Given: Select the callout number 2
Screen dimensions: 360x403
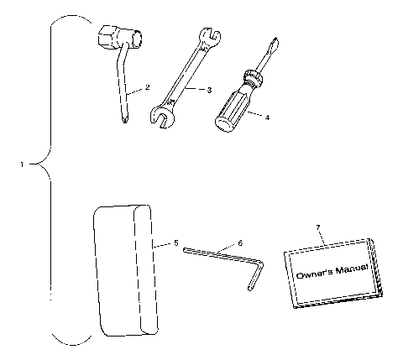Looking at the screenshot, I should pyautogui.click(x=147, y=87).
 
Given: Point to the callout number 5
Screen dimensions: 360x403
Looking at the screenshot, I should pyautogui.click(x=176, y=243).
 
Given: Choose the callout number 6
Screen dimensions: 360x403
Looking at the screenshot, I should pyautogui.click(x=240, y=243).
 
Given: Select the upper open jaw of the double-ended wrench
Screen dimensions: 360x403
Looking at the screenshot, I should pyautogui.click(x=208, y=38).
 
